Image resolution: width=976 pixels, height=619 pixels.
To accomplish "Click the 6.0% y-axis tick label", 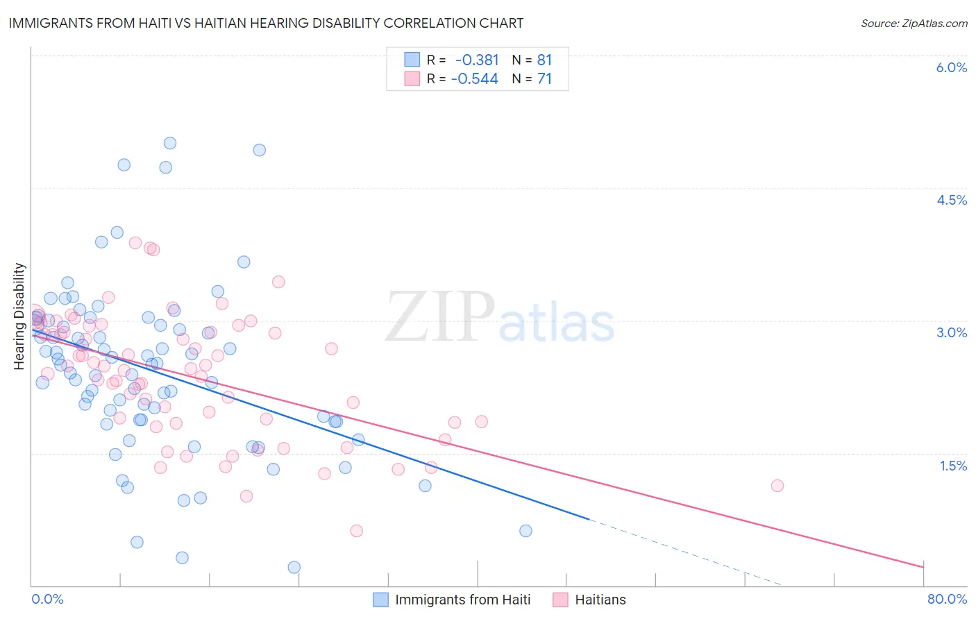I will click(951, 67).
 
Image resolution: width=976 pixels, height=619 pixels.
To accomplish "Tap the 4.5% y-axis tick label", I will click(951, 200).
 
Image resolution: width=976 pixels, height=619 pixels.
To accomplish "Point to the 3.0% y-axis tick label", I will click(951, 332).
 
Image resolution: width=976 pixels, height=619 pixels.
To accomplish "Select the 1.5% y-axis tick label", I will click(953, 466).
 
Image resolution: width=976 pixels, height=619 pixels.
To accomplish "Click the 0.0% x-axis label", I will click(48, 599).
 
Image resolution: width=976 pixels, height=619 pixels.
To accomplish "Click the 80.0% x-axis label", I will click(947, 599).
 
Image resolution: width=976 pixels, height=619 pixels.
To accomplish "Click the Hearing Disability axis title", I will click(19, 316).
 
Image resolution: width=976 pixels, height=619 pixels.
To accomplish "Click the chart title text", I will click(266, 23).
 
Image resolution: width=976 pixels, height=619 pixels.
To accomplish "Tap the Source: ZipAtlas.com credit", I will click(914, 23).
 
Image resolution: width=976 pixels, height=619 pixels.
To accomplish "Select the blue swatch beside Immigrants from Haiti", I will click(380, 600).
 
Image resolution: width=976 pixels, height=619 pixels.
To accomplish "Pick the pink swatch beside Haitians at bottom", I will click(560, 600).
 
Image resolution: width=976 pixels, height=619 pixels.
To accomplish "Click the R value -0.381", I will click(477, 60).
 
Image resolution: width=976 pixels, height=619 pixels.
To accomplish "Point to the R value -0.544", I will click(475, 79).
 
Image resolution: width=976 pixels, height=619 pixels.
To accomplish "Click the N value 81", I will click(544, 60).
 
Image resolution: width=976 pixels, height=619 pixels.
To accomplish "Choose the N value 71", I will click(544, 79).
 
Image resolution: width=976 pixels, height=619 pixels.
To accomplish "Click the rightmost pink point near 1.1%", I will click(777, 486).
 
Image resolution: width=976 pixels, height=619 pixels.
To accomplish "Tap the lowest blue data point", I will click(294, 567).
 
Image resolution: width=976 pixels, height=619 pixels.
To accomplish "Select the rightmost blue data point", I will click(525, 531).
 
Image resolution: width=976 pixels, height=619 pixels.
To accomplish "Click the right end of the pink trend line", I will click(924, 567).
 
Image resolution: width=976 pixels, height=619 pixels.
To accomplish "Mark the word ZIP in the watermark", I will click(439, 317).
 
